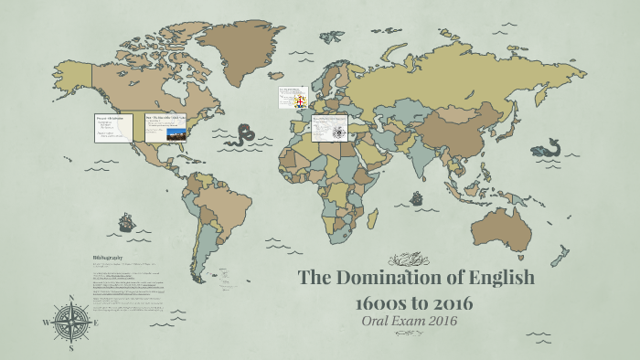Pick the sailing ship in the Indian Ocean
417,196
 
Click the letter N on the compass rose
70,299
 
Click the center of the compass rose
71,323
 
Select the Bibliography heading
108,257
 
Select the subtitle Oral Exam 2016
409,322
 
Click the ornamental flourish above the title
409,259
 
